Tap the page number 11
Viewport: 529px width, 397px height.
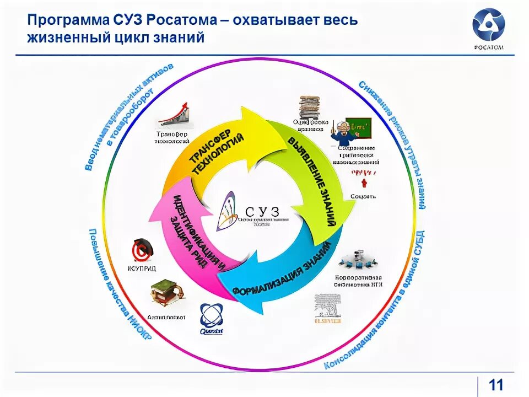point(496,385)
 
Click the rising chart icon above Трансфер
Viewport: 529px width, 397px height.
point(175,115)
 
